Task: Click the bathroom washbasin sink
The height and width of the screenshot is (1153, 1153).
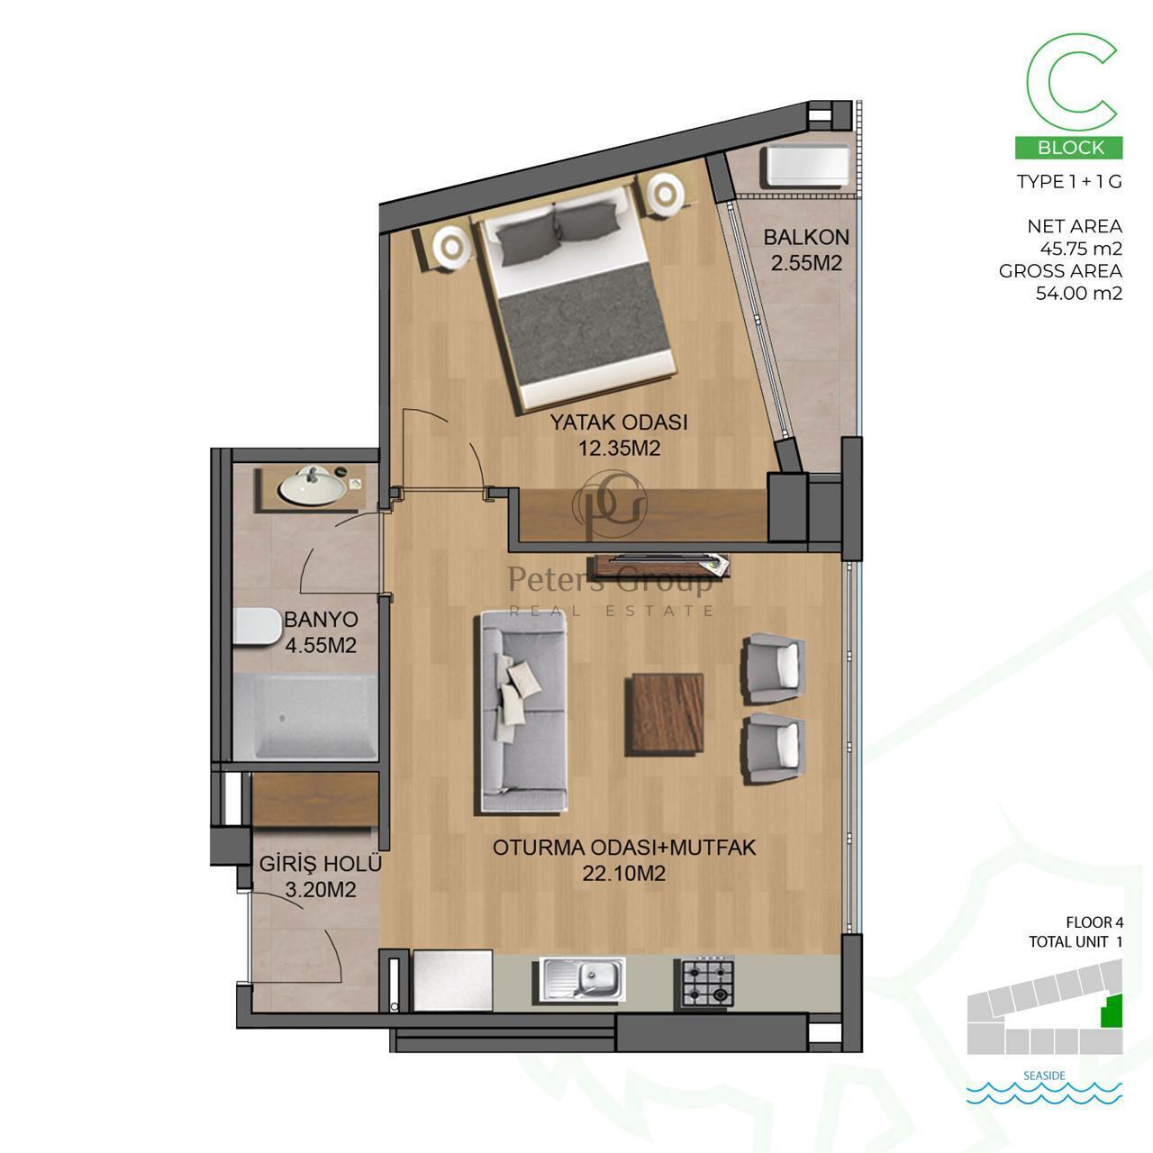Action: click(311, 485)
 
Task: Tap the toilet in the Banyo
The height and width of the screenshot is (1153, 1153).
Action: click(258, 625)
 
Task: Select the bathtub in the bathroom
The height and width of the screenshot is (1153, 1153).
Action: click(304, 717)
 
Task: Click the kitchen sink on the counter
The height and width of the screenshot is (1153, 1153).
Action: click(582, 977)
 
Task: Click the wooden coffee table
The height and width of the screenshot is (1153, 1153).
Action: click(665, 714)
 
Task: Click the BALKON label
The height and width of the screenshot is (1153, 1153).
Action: click(806, 238)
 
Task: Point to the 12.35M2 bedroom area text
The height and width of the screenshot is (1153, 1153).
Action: click(619, 449)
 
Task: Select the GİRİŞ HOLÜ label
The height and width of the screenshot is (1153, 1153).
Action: click(320, 864)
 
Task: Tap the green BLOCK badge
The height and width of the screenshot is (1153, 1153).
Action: click(1068, 147)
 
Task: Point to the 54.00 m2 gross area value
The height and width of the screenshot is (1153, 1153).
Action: click(1079, 294)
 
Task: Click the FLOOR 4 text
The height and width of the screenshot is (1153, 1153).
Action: click(1094, 922)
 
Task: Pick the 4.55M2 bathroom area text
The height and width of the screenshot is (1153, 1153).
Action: click(321, 645)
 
